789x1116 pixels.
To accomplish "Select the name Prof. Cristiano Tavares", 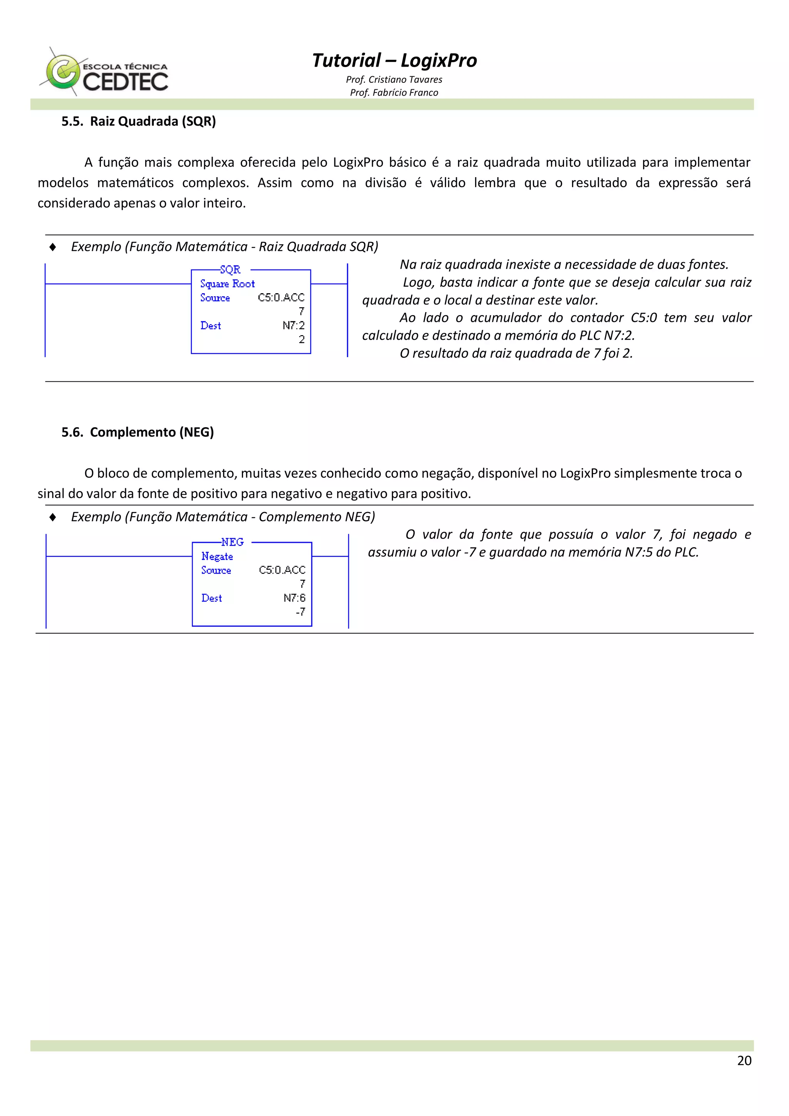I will tap(394, 80).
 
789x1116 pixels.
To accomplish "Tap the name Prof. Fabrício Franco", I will tap(394, 93).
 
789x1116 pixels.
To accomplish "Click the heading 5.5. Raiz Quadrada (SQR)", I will tap(139, 121).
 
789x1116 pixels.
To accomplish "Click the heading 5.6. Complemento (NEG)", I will tap(138, 432).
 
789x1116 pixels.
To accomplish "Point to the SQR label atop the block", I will tap(230, 270).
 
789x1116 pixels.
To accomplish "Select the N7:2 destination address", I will tap(294, 326).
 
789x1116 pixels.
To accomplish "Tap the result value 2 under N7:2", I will tap(301, 339).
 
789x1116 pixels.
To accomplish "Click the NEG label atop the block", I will tap(232, 542).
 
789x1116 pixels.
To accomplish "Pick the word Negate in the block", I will tap(217, 556).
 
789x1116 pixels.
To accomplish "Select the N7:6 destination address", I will tap(295, 598).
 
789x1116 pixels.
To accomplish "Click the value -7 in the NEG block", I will tap(300, 612).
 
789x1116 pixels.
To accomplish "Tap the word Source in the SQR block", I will tap(215, 298).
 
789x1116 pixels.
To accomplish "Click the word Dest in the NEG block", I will tap(212, 598).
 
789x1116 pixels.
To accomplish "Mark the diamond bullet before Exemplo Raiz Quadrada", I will tap(52, 247).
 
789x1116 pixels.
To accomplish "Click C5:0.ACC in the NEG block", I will tap(282, 570).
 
